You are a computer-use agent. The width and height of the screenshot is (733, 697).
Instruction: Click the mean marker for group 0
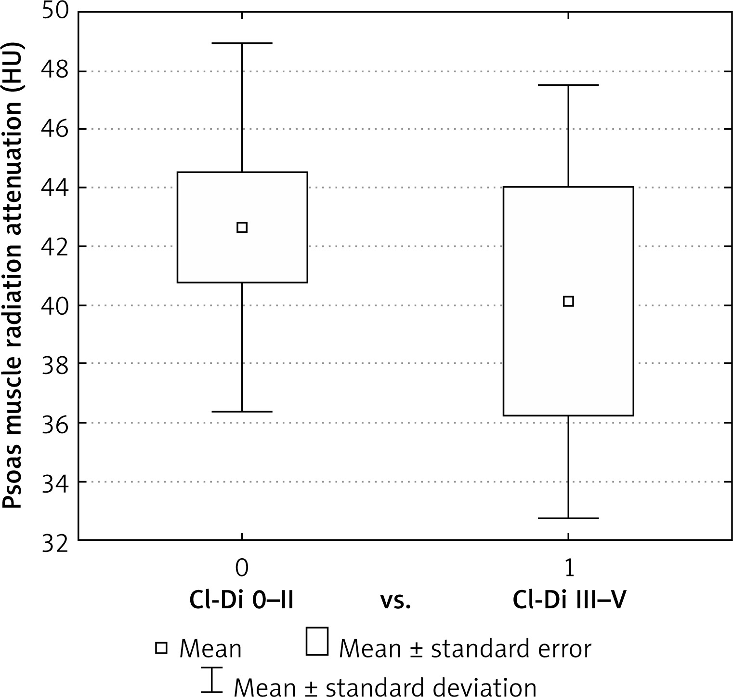pyautogui.click(x=242, y=227)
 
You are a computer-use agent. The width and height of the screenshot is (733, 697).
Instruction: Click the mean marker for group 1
pyautogui.click(x=568, y=301)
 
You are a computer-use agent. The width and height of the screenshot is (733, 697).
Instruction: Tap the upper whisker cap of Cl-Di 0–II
pyautogui.click(x=242, y=43)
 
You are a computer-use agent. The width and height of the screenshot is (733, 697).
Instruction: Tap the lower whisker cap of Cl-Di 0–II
pyautogui.click(x=242, y=412)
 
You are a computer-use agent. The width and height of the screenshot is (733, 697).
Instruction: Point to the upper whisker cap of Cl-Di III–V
pyautogui.click(x=568, y=85)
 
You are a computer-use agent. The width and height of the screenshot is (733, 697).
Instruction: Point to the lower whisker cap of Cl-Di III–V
pyautogui.click(x=568, y=518)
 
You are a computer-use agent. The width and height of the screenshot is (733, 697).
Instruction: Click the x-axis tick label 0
pyautogui.click(x=242, y=569)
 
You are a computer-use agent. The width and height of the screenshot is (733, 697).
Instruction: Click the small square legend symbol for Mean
pyautogui.click(x=161, y=648)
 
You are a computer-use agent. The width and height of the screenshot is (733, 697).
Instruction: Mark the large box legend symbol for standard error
pyautogui.click(x=317, y=641)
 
